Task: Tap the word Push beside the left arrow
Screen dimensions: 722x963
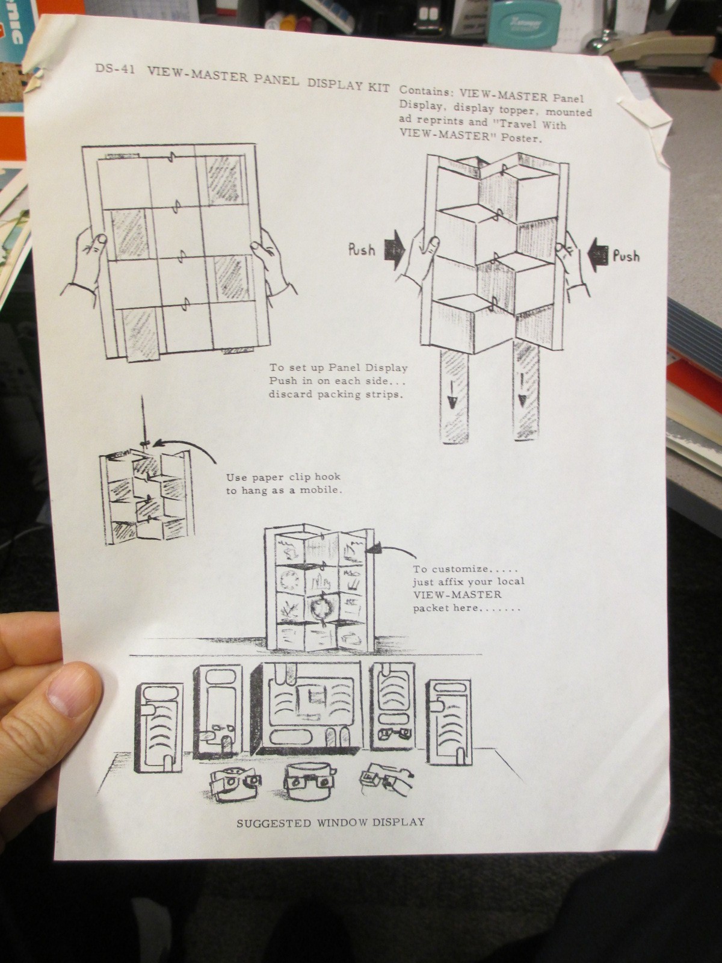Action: coord(362,249)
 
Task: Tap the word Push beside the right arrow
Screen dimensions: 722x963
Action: coord(626,256)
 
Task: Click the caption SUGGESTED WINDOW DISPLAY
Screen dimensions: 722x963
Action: coord(330,822)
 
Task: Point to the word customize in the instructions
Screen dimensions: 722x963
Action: coord(459,569)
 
